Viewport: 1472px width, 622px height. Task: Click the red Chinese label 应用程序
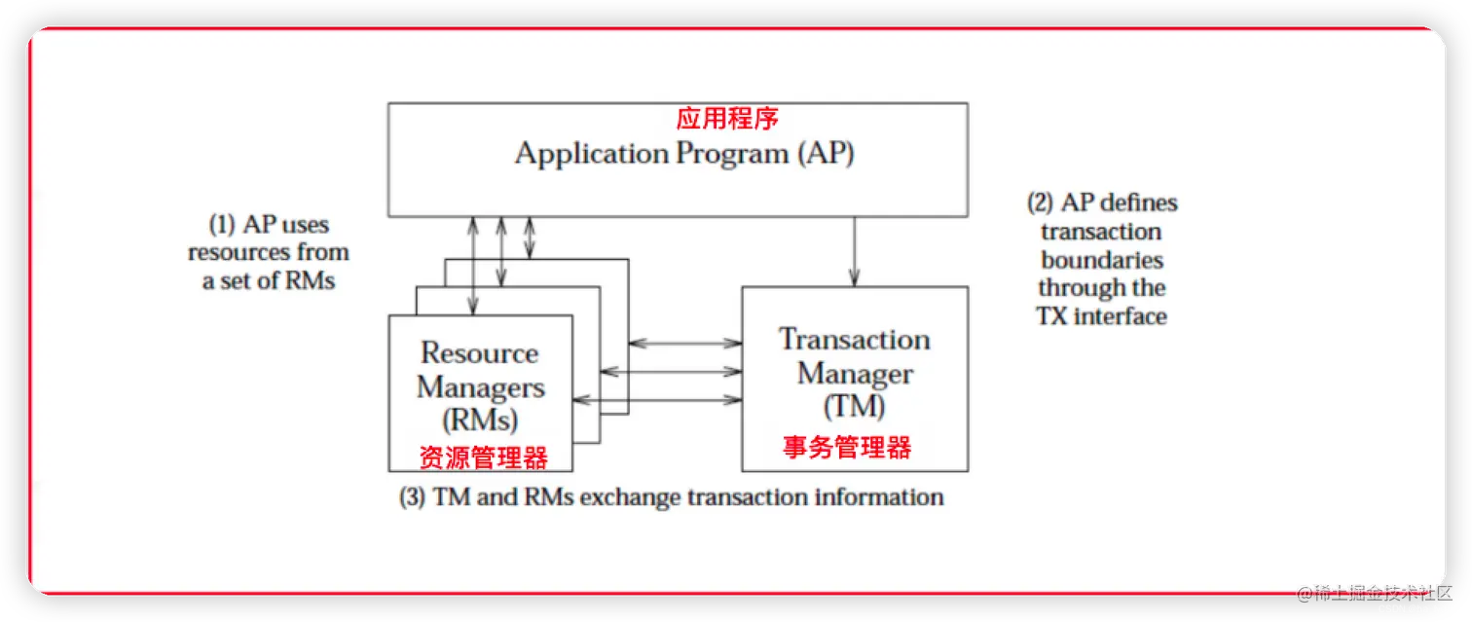(727, 119)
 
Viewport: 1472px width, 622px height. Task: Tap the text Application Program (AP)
(684, 154)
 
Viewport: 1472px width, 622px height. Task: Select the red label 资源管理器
(483, 457)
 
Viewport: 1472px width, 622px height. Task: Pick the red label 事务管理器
(847, 447)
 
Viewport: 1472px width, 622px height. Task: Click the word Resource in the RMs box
(479, 352)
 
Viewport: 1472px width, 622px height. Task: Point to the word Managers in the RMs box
(480, 386)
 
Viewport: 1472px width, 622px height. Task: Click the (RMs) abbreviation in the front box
(480, 420)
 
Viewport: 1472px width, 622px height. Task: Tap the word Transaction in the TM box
(854, 340)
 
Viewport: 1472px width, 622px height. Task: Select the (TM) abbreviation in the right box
(854, 406)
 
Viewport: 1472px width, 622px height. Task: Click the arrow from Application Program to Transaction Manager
(855, 251)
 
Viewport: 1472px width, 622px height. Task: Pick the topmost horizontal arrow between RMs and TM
(685, 343)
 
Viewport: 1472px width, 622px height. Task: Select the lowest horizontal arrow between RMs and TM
(657, 399)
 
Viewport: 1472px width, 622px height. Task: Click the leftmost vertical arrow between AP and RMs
(473, 265)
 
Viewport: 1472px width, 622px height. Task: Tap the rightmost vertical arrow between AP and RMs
(530, 238)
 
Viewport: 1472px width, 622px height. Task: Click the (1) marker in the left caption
(223, 225)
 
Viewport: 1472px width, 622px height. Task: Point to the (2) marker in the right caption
(1041, 202)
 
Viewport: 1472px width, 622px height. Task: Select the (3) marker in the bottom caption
(413, 497)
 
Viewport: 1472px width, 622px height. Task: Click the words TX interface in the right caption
(1102, 316)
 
